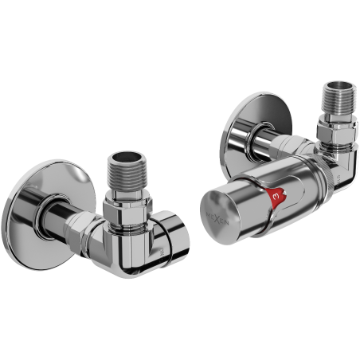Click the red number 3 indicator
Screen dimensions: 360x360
click(x=275, y=194)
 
